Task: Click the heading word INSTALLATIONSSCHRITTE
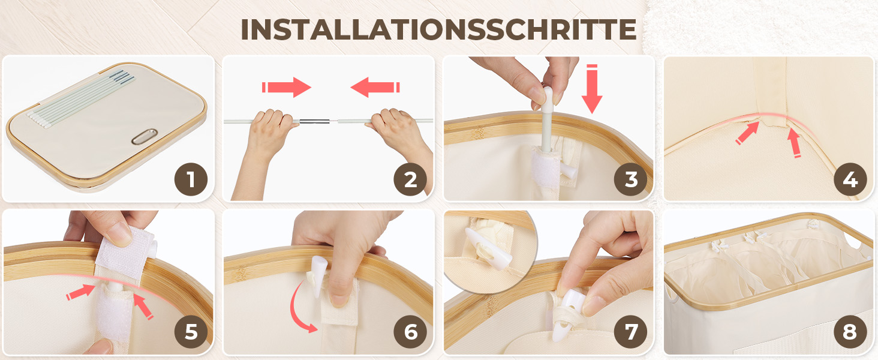pos(438,29)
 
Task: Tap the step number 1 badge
pos(191,179)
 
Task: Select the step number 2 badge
pos(410,179)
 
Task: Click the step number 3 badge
pos(631,179)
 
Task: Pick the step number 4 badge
pos(850,179)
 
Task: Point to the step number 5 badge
pos(191,332)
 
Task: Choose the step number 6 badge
pos(410,332)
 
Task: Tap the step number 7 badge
pos(631,332)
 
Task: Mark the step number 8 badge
pos(850,332)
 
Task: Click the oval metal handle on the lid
pos(145,136)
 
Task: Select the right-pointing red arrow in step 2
pos(287,87)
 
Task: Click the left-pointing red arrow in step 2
pos(375,87)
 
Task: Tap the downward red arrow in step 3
pos(592,89)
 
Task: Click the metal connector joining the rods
pos(314,122)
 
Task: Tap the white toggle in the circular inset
pos(488,250)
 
